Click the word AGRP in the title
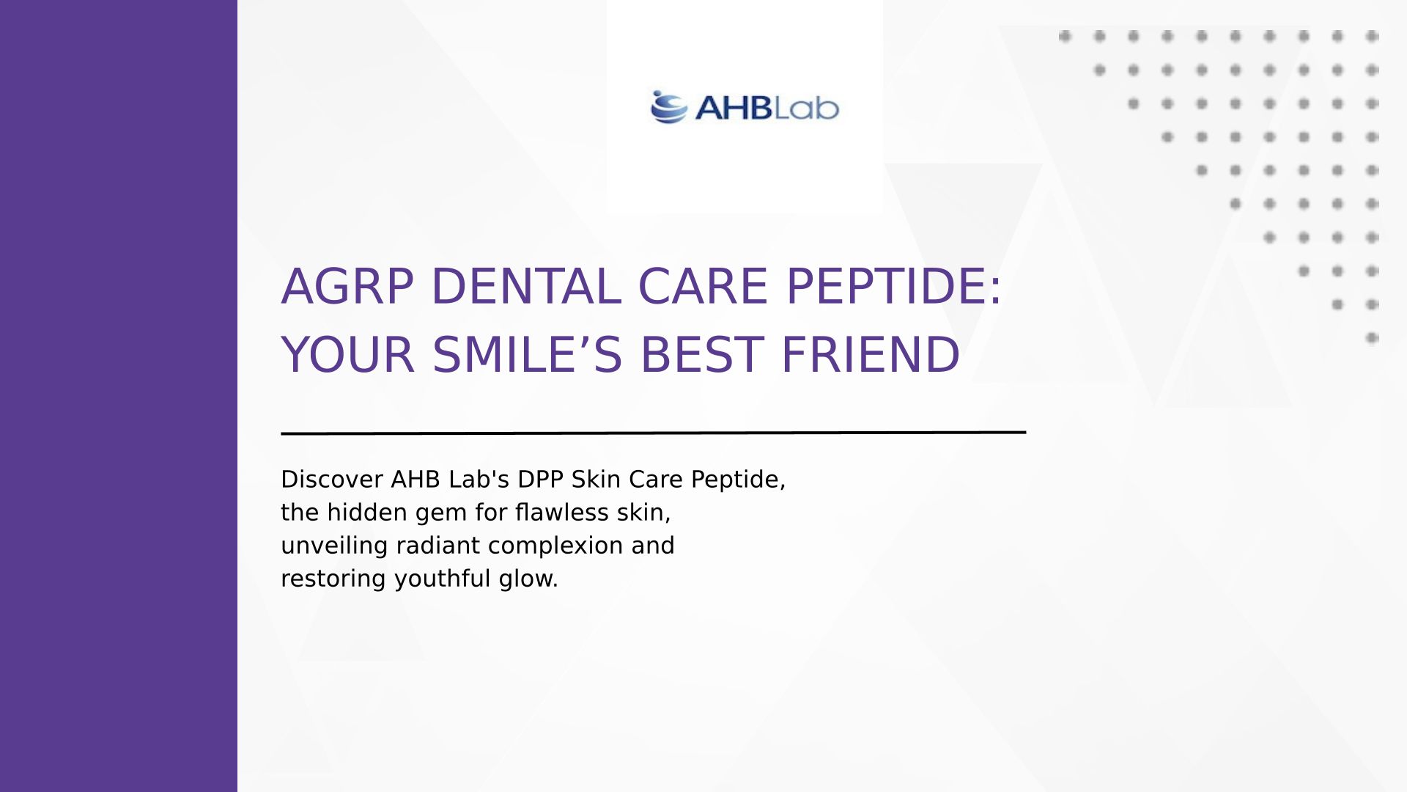(x=348, y=286)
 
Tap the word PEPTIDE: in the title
(x=893, y=286)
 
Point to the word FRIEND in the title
(x=871, y=354)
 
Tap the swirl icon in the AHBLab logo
(x=668, y=107)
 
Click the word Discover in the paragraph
(x=332, y=479)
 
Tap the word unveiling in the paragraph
(x=335, y=546)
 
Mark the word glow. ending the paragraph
(x=528, y=579)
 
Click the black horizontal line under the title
(x=653, y=433)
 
